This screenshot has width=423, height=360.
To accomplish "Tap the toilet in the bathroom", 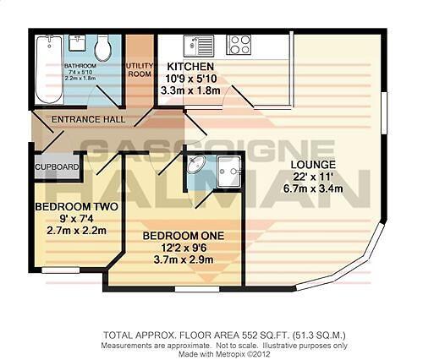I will click(x=103, y=49).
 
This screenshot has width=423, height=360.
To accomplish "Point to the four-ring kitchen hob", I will click(x=239, y=44).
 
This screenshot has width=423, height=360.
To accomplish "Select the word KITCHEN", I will click(x=190, y=67).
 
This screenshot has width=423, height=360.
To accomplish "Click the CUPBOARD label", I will click(x=57, y=166).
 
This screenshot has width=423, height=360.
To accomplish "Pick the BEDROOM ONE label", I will click(x=176, y=234).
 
